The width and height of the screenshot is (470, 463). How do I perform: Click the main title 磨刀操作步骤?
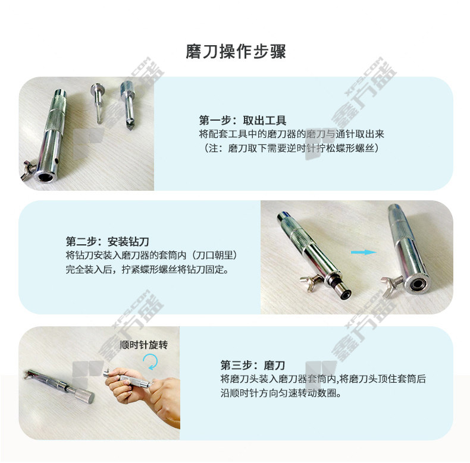pyautogui.click(x=236, y=52)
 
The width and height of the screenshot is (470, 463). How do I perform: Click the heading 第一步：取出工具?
pyautogui.click(x=243, y=121)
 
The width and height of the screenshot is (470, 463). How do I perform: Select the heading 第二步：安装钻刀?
pyautogui.click(x=107, y=241)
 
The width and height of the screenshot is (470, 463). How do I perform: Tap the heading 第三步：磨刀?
pyautogui.click(x=253, y=365)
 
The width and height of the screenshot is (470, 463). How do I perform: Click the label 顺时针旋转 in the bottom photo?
pyautogui.click(x=143, y=345)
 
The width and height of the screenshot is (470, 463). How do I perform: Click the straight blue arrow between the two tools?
pyautogui.click(x=364, y=252)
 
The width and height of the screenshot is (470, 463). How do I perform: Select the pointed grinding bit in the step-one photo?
pyautogui.click(x=128, y=105)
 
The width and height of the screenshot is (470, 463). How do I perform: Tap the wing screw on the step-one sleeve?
pyautogui.click(x=28, y=170)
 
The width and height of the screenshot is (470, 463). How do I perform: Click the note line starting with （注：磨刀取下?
pyautogui.click(x=290, y=148)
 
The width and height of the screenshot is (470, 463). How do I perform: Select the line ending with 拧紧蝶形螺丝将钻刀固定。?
pyautogui.click(x=148, y=269)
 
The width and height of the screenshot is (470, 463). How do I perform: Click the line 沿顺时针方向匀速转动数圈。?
pyautogui.click(x=281, y=393)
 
